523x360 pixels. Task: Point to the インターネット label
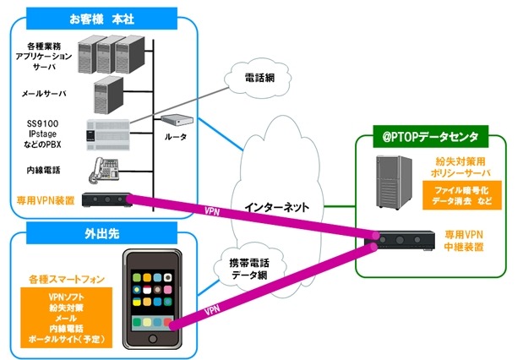(x=279, y=205)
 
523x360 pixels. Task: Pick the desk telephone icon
(x=105, y=172)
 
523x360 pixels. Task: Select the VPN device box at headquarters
(x=106, y=200)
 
